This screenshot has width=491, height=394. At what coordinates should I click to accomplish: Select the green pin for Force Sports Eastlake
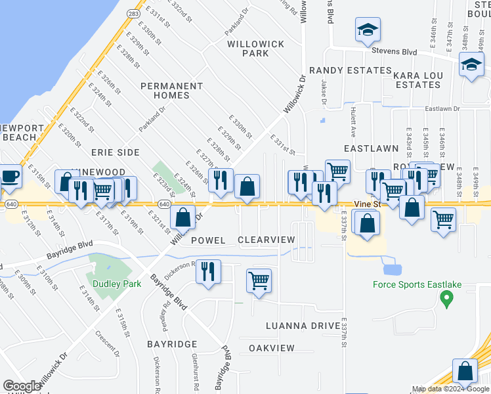coord(446,299)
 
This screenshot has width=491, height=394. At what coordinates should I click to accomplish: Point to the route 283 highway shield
coord(133,13)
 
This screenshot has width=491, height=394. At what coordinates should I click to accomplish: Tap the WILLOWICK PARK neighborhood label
coord(256,48)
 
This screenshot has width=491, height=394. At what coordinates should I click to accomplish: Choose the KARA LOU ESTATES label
coord(426,81)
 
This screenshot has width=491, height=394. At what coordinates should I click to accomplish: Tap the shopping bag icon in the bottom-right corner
coord(465,372)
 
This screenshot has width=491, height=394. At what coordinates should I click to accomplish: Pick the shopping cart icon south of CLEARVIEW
coord(259,281)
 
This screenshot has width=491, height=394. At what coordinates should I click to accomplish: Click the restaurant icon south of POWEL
coord(208,272)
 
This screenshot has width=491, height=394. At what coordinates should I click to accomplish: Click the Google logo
coord(22,386)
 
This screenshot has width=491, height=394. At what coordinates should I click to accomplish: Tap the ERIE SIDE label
coord(115,152)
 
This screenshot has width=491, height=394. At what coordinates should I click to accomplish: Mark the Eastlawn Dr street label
coord(444,109)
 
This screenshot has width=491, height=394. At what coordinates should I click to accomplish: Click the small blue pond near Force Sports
coord(391,269)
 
